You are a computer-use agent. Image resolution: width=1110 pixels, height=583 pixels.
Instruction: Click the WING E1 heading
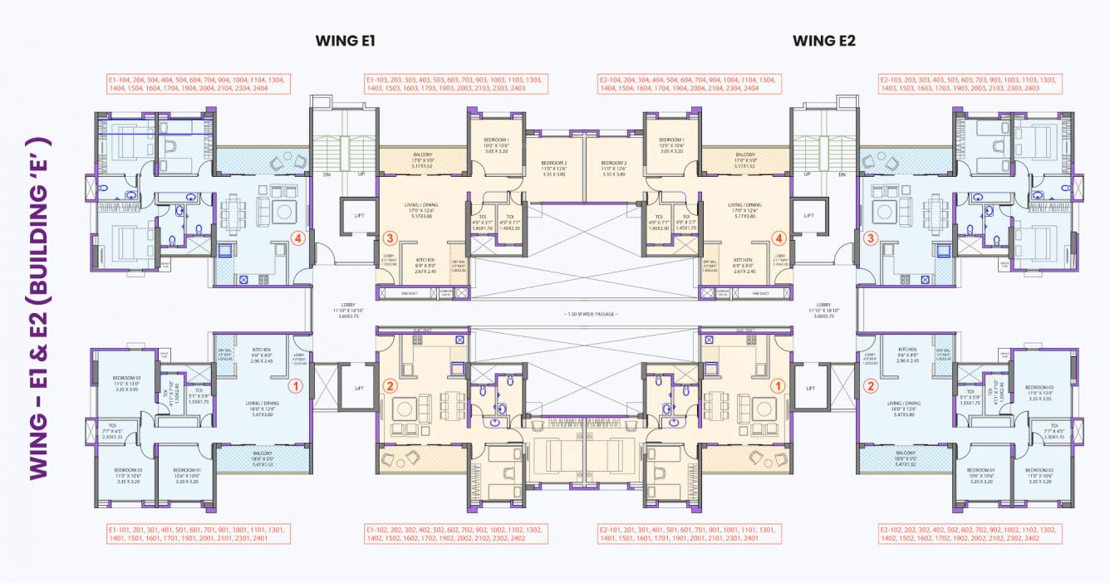click(x=346, y=41)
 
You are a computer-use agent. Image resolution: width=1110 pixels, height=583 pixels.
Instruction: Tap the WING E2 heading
click(x=823, y=41)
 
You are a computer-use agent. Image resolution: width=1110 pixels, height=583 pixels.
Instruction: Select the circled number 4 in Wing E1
click(x=297, y=238)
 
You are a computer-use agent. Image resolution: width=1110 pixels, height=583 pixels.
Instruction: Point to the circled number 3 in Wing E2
click(x=870, y=238)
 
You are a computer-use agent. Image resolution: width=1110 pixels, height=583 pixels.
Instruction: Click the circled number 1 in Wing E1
click(x=294, y=385)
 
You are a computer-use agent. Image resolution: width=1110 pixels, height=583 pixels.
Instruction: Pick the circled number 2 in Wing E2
click(x=870, y=385)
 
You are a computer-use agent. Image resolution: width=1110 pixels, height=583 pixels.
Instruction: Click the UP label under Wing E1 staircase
click(x=361, y=174)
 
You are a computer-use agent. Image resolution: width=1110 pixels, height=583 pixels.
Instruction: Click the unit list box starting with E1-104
click(x=199, y=83)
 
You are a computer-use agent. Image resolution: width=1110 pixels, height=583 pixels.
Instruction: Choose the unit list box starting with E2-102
click(x=969, y=533)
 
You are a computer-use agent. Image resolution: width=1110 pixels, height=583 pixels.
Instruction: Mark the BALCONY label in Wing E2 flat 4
click(x=744, y=158)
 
